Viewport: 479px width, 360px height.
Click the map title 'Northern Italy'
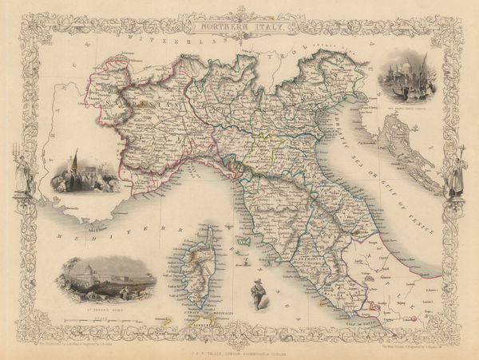[x=239, y=26]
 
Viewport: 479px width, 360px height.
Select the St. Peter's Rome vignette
[x=105, y=283]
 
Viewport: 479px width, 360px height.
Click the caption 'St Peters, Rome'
[x=105, y=307]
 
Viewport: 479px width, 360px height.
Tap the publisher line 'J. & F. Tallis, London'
[x=239, y=349]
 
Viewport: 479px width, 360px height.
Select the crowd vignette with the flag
[x=81, y=173]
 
